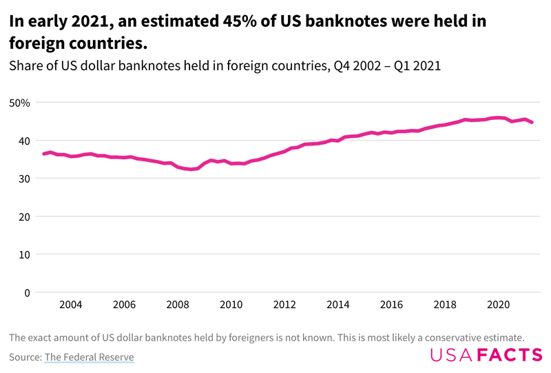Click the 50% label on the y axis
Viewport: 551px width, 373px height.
coord(19,103)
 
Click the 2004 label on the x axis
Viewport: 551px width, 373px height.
coord(70,305)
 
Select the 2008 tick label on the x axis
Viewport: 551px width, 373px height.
coord(177,305)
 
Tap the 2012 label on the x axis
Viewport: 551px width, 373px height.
coord(284,305)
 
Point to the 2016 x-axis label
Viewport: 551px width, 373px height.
coord(391,305)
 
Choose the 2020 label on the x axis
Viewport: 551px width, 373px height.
coord(498,305)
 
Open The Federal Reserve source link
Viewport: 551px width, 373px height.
coord(89,357)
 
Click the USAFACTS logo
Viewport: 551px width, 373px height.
coord(486,355)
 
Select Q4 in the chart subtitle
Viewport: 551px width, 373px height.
coord(342,66)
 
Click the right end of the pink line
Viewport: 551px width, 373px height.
coord(532,122)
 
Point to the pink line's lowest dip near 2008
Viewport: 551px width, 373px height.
coord(191,169)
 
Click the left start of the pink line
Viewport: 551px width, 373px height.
coord(43,154)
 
